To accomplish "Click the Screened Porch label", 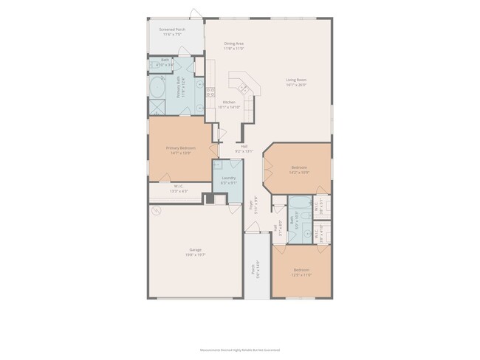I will click(x=172, y=32).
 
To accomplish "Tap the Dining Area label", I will click(x=234, y=46).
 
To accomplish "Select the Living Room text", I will click(x=297, y=82).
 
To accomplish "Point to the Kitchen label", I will click(x=229, y=105).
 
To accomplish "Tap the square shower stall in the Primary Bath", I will click(x=157, y=107).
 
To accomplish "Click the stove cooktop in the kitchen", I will click(x=211, y=93).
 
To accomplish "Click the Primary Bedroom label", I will click(x=181, y=150).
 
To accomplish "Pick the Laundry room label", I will click(x=227, y=179).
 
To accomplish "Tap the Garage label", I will click(x=195, y=252).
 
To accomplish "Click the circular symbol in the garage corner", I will click(x=156, y=210).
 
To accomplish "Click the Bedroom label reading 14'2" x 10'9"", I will click(x=299, y=169).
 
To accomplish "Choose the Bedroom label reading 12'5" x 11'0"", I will click(x=301, y=271).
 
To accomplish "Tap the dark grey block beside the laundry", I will click(x=210, y=198).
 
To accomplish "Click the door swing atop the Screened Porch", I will click(x=194, y=13).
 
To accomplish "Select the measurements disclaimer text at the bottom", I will click(x=240, y=350).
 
